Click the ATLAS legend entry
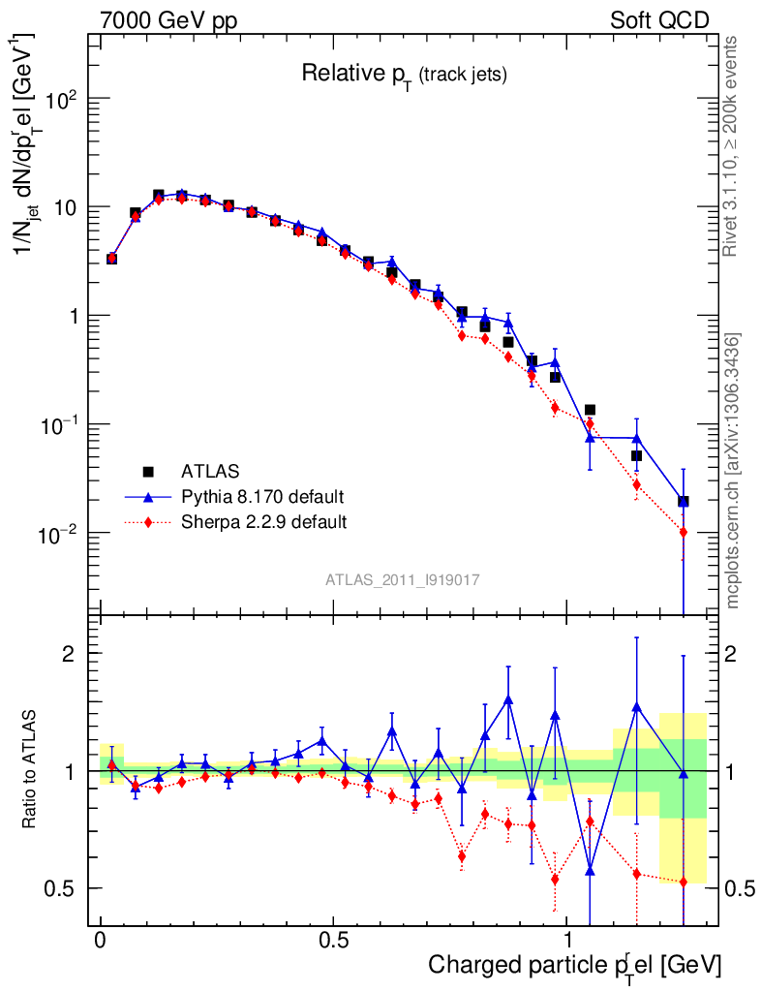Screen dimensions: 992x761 point(208,472)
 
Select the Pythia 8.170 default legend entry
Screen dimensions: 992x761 point(262,497)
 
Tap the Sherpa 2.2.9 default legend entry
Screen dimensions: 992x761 point(263,522)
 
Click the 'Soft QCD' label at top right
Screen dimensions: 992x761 point(660,20)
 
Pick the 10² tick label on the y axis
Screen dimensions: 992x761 point(65,100)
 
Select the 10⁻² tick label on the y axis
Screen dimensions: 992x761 point(63,534)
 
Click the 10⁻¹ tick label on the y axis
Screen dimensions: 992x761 point(63,425)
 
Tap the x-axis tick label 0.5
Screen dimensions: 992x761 point(334,941)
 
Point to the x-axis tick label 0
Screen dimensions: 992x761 point(100,941)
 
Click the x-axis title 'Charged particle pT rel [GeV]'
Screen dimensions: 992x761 point(574,966)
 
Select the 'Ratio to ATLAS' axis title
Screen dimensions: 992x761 point(31,771)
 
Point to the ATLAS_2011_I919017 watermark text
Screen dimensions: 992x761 point(403,579)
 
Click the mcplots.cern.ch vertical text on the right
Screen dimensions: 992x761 point(733,471)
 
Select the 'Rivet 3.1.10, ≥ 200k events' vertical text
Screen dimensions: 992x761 point(733,145)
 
